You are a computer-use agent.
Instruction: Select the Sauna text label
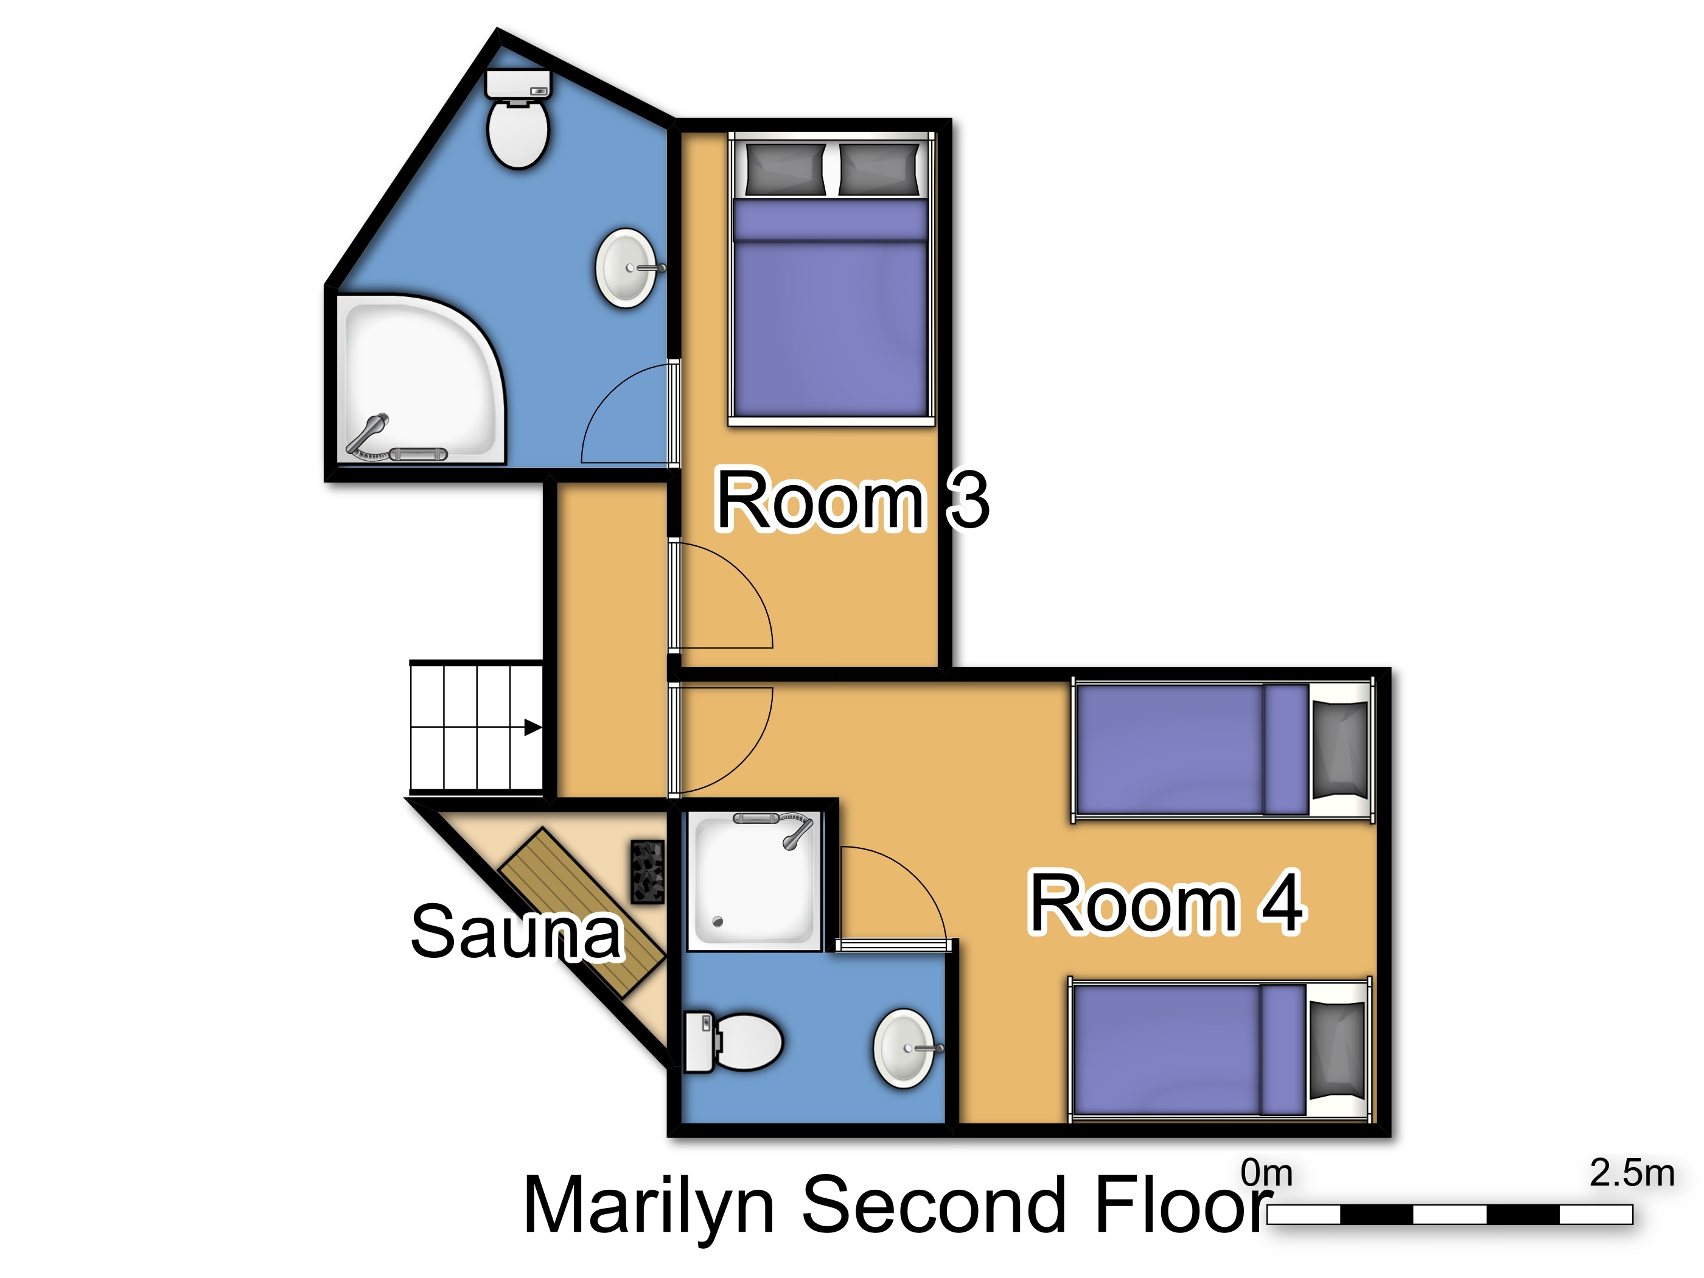[x=516, y=932]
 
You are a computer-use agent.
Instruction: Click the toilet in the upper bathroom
[x=518, y=119]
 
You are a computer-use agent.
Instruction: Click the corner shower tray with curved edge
[x=420, y=380]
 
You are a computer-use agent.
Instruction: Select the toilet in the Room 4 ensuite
[x=733, y=1041]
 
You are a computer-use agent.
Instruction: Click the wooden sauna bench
[x=582, y=912]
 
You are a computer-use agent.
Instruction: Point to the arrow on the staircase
[x=533, y=727]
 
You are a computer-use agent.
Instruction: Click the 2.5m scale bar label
[x=1632, y=1173]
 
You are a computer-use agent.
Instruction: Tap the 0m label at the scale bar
[x=1266, y=1173]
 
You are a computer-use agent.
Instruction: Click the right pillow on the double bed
[x=879, y=169]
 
